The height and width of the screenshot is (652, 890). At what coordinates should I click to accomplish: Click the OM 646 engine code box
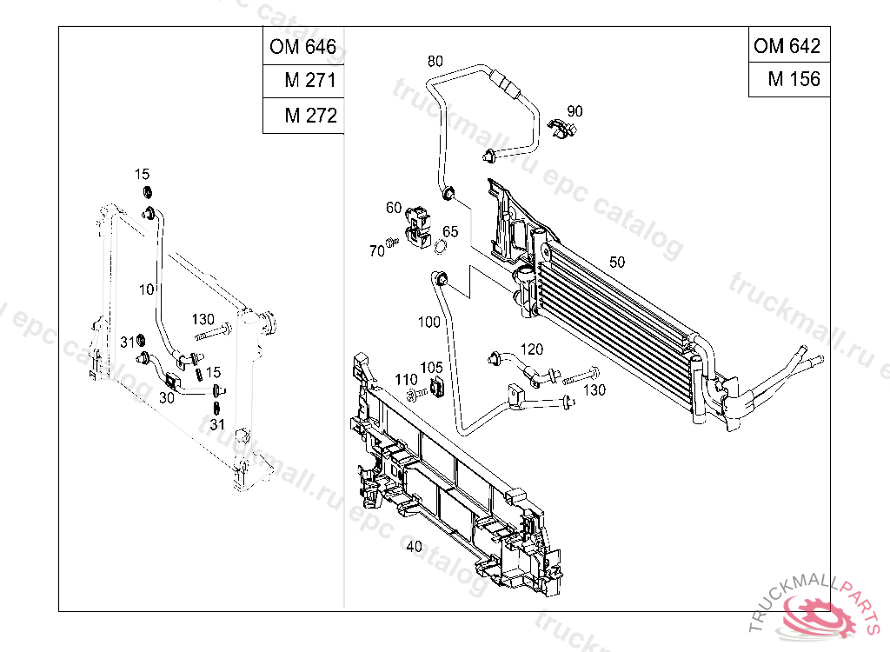pos(303,46)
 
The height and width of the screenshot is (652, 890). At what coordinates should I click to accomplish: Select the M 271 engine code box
pos(303,81)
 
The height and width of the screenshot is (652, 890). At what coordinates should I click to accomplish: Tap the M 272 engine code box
pos(303,116)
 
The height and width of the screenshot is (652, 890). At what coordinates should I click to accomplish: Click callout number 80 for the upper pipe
pos(435,61)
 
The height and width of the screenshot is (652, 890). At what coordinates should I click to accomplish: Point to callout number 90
pos(575,111)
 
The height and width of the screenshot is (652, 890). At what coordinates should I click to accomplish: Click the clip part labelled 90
pos(563,130)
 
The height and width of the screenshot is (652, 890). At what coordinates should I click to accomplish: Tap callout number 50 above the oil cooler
pos(617,262)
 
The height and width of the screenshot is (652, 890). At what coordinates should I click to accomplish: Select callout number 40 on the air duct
pos(414,546)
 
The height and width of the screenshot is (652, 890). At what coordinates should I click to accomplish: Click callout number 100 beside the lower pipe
pos(429,322)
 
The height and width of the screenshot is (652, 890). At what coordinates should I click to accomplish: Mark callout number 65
pos(449,231)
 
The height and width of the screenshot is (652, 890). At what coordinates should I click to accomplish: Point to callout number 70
pos(376,251)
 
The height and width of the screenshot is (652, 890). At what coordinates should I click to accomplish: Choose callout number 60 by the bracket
pos(394,208)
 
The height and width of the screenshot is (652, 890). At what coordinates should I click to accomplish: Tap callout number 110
pos(406,380)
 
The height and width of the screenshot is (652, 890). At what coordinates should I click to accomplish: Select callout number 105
pos(432,368)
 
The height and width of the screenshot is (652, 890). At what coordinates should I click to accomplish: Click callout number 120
pos(532,349)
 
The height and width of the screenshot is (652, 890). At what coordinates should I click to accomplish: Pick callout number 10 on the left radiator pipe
pos(145,287)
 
